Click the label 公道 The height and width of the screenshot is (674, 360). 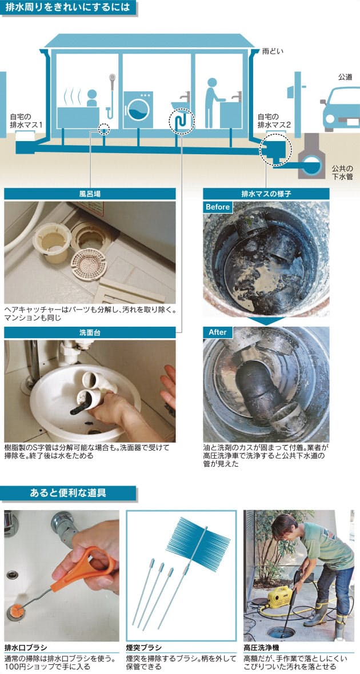(x=345, y=77)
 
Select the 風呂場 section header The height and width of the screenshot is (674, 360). (x=90, y=194)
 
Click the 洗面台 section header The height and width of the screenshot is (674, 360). (x=90, y=332)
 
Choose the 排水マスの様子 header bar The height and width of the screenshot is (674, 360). (x=266, y=194)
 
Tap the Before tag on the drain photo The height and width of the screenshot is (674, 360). (x=218, y=207)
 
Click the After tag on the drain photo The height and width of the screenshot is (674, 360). (x=217, y=332)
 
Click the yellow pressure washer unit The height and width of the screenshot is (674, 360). (x=279, y=597)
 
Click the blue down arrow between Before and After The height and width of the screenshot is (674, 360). (x=266, y=321)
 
